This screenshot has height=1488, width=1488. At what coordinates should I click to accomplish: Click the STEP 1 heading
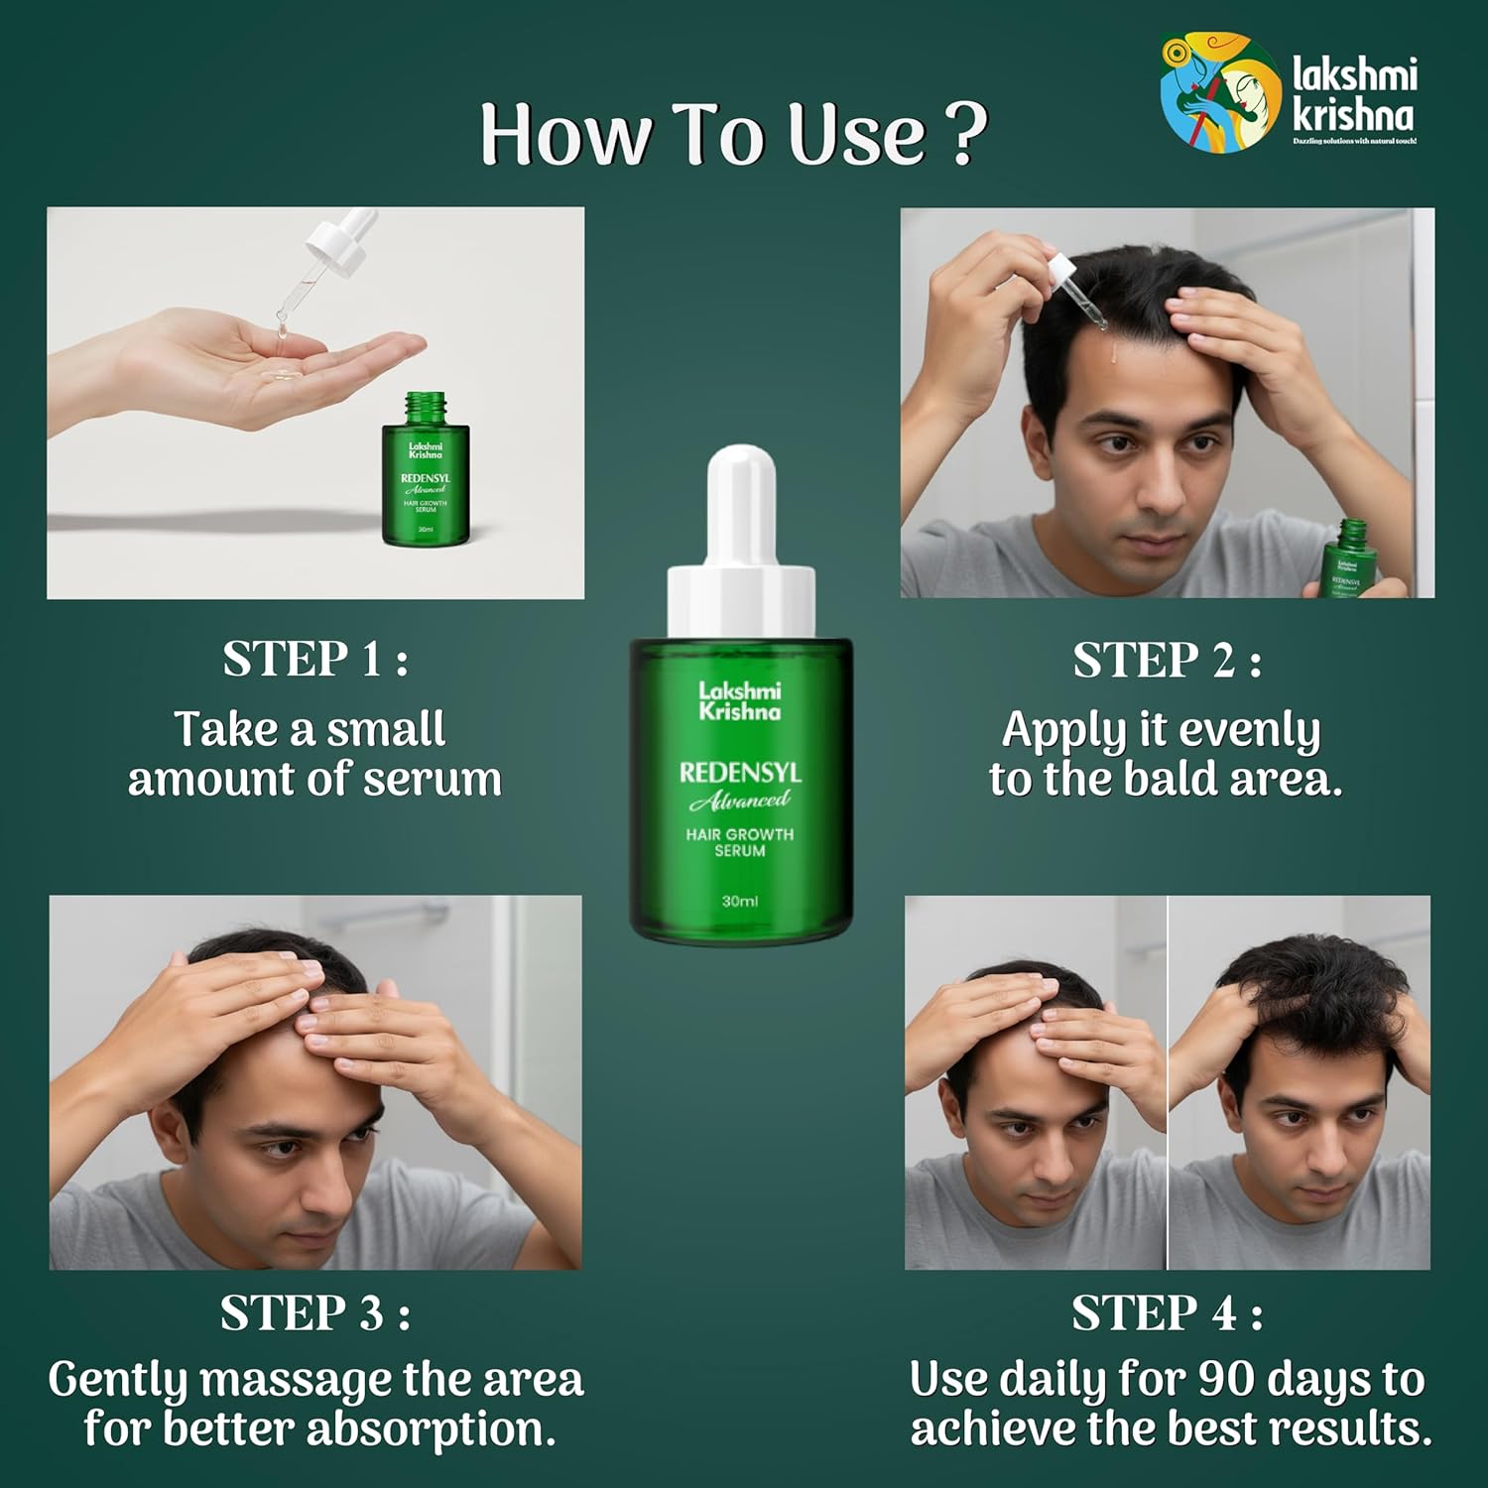coord(315,660)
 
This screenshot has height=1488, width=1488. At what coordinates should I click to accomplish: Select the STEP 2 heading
coord(1167,661)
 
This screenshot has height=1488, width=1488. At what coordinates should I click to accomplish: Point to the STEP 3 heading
coord(315,1313)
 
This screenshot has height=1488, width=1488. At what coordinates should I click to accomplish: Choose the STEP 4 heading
coord(1167,1313)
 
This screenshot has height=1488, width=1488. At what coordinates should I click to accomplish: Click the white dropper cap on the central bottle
coord(741,541)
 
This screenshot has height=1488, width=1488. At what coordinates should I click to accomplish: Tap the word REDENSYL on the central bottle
coord(740,773)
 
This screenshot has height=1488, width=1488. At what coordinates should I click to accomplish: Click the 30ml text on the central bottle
coord(740,901)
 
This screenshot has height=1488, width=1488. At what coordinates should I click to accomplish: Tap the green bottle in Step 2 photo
coord(1349,560)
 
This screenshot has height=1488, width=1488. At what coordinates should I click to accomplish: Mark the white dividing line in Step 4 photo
coord(1168,1081)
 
